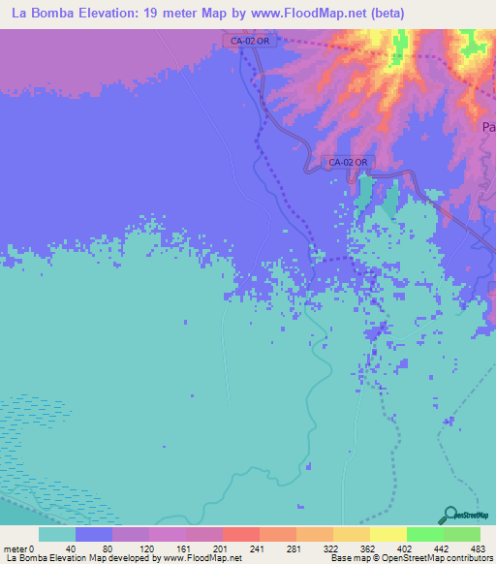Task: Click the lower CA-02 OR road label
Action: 347,162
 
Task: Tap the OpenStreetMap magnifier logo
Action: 449,516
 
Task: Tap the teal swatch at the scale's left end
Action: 56,534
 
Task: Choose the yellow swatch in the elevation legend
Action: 387,534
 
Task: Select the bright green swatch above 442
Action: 424,534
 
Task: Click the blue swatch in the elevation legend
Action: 93,534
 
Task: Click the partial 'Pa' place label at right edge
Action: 488,126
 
